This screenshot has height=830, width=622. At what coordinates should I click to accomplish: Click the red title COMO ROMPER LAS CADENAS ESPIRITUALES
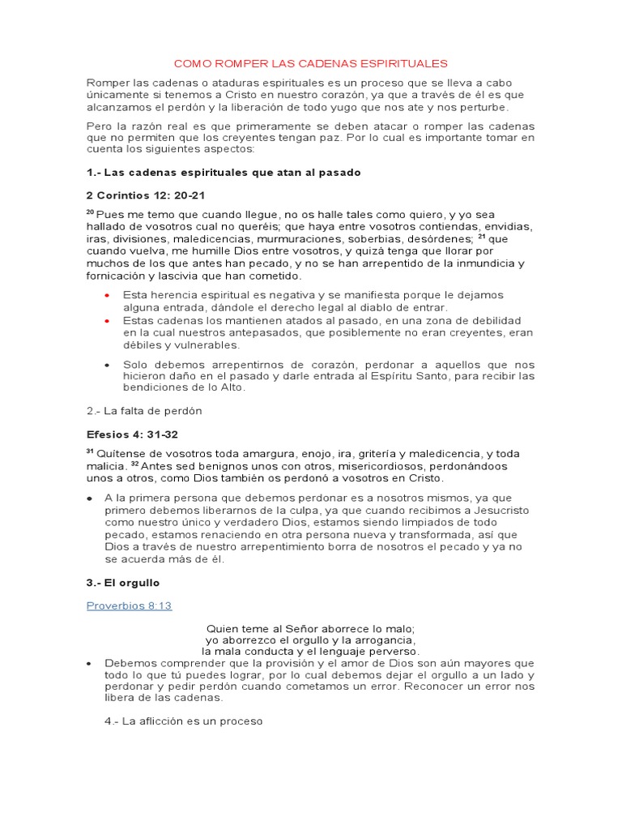click(311, 63)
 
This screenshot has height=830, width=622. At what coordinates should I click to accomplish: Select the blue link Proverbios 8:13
click(129, 605)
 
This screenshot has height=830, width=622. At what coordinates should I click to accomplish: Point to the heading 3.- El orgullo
click(123, 583)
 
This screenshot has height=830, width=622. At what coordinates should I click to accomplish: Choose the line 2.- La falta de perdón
click(144, 411)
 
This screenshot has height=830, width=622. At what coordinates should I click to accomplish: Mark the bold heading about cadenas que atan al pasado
click(224, 173)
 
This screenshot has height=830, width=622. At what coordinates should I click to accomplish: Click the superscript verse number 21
click(481, 237)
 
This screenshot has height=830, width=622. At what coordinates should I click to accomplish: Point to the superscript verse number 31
click(90, 451)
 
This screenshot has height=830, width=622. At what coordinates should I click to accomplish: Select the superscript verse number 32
click(135, 464)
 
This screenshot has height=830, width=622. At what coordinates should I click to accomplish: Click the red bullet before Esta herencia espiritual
click(108, 295)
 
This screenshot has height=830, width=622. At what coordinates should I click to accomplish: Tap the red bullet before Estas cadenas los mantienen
click(108, 321)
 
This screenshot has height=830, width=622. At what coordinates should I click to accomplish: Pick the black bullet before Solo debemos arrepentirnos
click(108, 365)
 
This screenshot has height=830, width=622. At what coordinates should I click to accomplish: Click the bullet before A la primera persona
click(90, 498)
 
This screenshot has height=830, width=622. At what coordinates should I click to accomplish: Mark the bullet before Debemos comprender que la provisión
click(90, 663)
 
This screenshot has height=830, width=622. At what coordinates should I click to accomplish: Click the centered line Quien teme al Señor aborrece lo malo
click(310, 628)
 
